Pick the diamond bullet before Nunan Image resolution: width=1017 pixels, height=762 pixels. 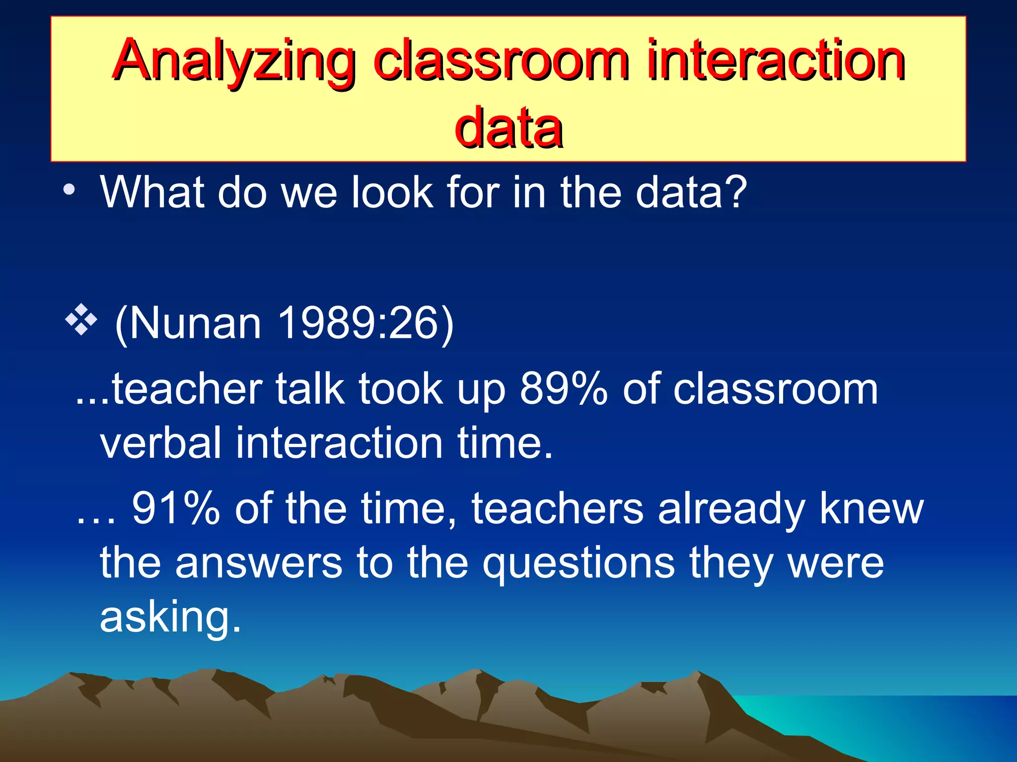point(81,321)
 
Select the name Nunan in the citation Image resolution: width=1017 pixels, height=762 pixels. point(195,324)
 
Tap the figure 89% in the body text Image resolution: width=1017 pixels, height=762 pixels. point(563,389)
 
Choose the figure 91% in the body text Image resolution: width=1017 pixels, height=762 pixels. point(176,508)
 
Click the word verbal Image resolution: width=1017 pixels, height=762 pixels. point(160,443)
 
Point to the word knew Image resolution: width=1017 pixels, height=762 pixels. point(871,508)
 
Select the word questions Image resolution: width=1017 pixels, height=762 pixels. point(579,564)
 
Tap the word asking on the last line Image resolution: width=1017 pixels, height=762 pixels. point(170,618)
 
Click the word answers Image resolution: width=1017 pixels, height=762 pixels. point(258,564)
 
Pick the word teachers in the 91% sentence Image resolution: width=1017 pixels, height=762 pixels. point(557,508)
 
